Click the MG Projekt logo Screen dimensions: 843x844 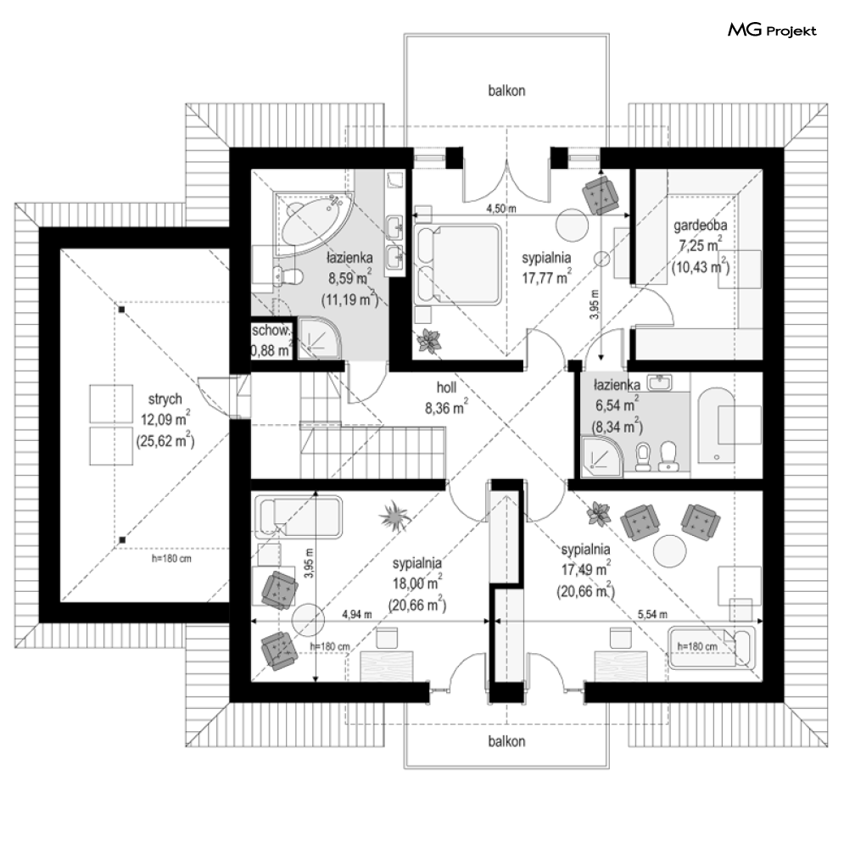772,31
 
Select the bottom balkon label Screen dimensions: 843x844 506,741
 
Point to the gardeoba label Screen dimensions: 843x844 701,226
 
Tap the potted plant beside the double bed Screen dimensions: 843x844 430,342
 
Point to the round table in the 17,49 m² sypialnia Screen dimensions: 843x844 670,550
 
